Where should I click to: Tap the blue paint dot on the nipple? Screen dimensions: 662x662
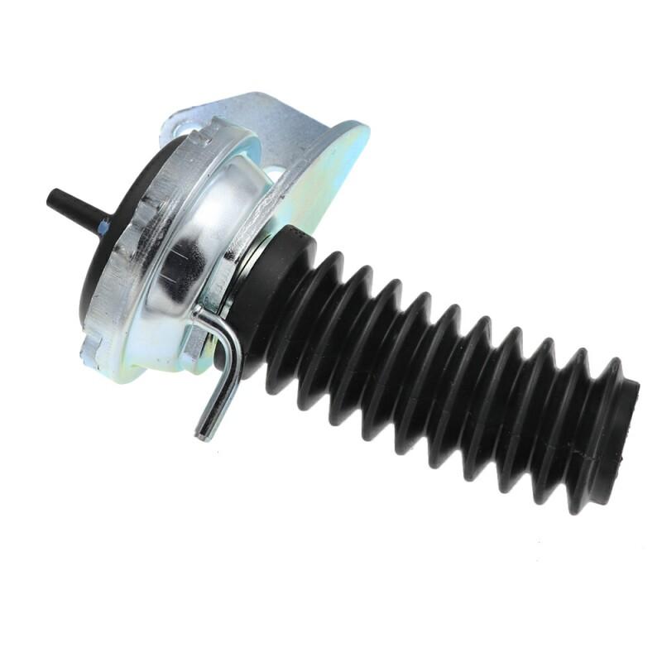[103, 224]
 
